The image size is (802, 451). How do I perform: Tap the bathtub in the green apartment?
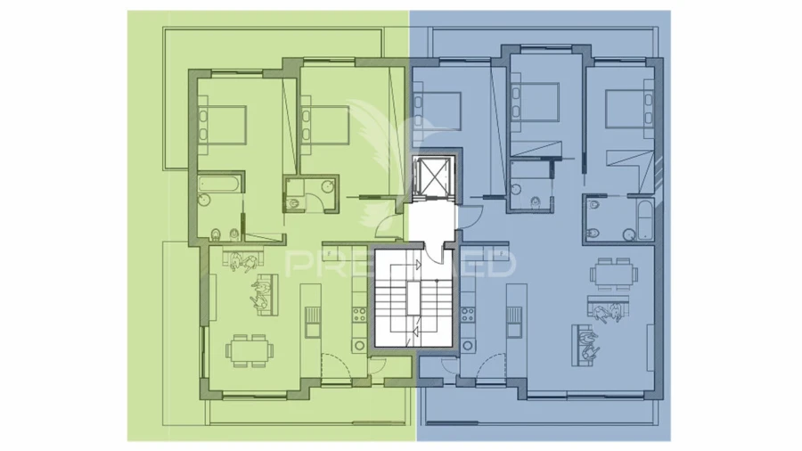[x=219, y=185]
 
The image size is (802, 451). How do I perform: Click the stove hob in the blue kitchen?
[x=465, y=315]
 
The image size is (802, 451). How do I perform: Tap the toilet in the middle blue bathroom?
[x=533, y=204]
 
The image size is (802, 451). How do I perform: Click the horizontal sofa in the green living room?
[x=266, y=294]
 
